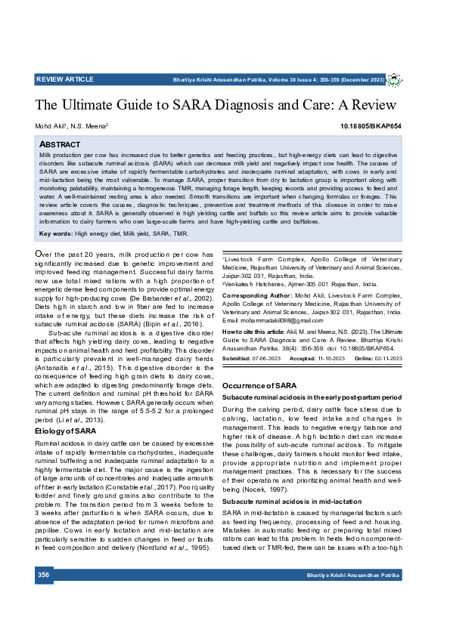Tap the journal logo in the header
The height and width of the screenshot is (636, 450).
394,79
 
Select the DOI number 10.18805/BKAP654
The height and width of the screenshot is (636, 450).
371,126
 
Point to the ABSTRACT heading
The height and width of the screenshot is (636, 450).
60,144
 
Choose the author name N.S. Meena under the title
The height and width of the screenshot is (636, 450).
91,126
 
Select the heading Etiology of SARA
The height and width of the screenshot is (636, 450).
65,431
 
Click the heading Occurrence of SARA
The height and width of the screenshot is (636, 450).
253,386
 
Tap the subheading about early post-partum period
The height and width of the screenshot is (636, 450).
312,397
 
